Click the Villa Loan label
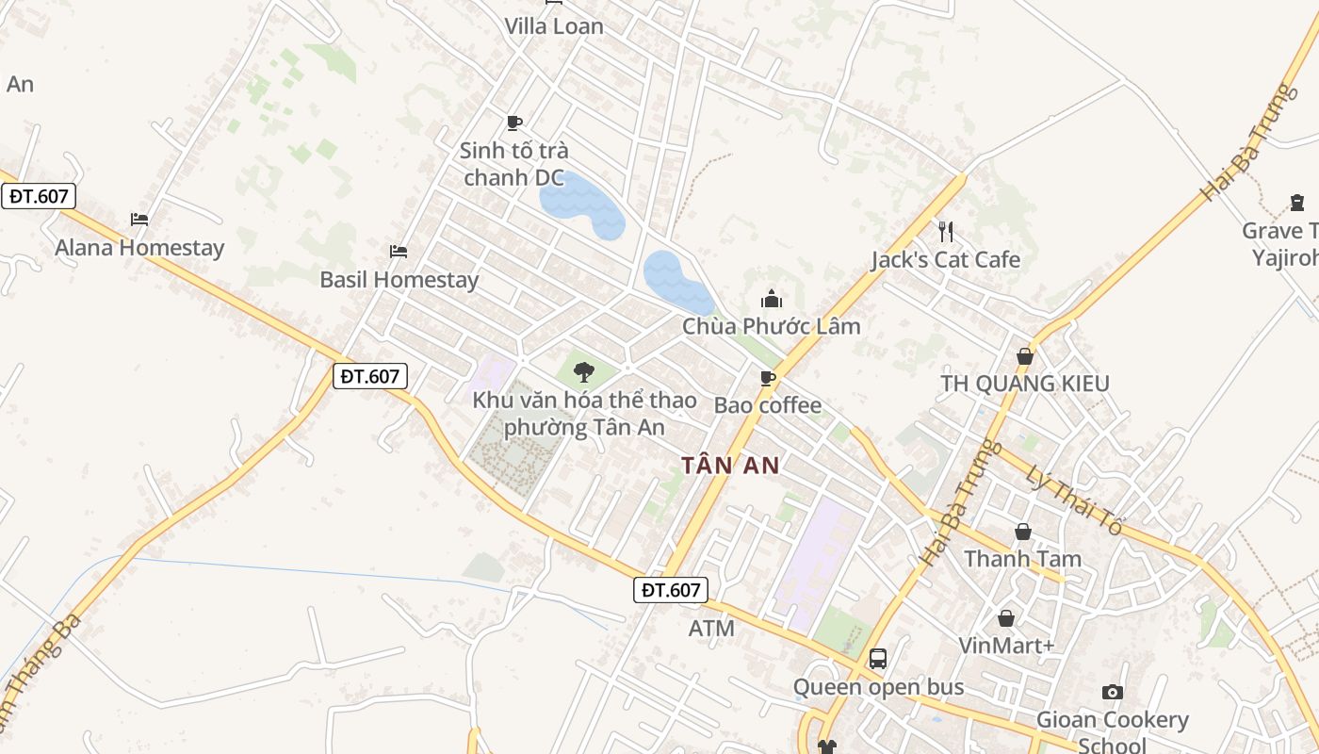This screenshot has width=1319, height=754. coord(554,26)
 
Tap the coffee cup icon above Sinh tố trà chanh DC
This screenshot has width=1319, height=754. coord(514,123)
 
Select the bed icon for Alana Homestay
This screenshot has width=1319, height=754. coord(139,220)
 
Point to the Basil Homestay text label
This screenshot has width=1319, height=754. coord(399,280)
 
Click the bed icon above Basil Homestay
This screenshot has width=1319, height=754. coord(399,251)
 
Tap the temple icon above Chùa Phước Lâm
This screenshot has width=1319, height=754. coord(772,299)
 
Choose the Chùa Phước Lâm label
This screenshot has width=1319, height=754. coord(772,326)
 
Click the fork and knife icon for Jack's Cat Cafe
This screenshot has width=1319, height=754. coord(946,231)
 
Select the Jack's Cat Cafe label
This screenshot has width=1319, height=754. coord(945,259)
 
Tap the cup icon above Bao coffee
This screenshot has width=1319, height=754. coord(768,378)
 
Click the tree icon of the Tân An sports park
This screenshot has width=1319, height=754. coord(584,371)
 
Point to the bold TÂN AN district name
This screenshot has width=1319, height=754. coord(730,465)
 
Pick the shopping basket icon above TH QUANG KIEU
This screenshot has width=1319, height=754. coord(1025,356)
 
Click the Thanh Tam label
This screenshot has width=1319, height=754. coord(1022,559)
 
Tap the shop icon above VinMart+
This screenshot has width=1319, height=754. coord(1006,618)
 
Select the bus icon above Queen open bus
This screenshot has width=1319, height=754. coord(878,659)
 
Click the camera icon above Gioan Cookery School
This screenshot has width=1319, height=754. coord(1113,692)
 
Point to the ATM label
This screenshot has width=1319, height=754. coord(711,628)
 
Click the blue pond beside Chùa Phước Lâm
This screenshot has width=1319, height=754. coord(676,281)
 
